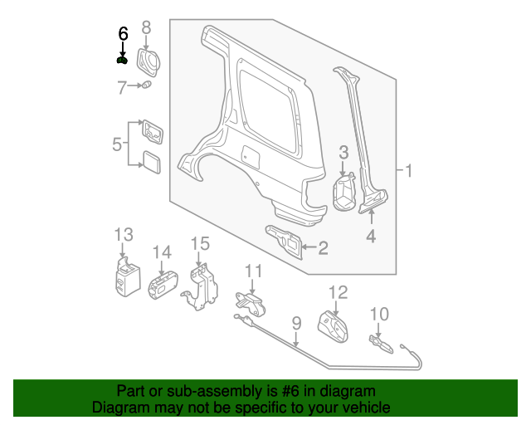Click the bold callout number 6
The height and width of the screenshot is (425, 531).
[123, 34]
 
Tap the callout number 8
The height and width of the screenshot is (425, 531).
[146, 28]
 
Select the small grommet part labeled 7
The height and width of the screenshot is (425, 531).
[147, 85]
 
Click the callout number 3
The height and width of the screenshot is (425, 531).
[343, 152]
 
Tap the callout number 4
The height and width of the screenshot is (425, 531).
[371, 237]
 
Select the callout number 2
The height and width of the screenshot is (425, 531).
[323, 247]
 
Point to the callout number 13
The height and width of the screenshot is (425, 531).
[123, 234]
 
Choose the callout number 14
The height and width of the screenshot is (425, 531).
[161, 252]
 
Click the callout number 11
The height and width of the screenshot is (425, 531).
[253, 271]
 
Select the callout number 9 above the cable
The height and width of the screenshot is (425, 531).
[295, 323]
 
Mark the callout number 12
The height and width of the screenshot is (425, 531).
[338, 292]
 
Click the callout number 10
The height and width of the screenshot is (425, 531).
[378, 313]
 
